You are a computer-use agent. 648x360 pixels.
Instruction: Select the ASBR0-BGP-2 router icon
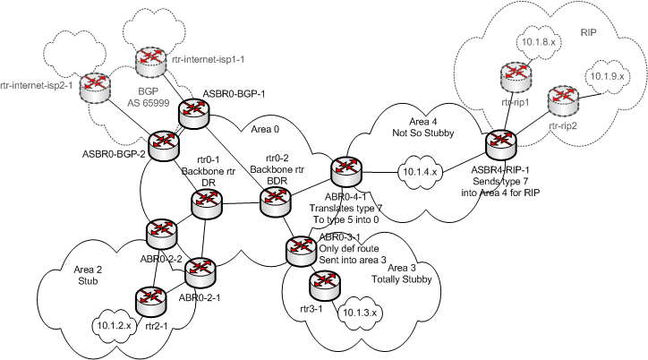click(165, 143)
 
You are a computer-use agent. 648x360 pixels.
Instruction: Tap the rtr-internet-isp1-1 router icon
click(151, 64)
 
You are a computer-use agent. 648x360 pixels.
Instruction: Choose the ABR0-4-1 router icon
click(344, 169)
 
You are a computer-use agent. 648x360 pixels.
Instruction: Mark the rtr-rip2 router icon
click(561, 99)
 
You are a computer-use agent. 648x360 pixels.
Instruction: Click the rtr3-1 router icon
click(321, 287)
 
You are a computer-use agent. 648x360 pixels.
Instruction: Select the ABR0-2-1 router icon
click(204, 270)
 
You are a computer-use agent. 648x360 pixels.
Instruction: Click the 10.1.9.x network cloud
click(603, 77)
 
